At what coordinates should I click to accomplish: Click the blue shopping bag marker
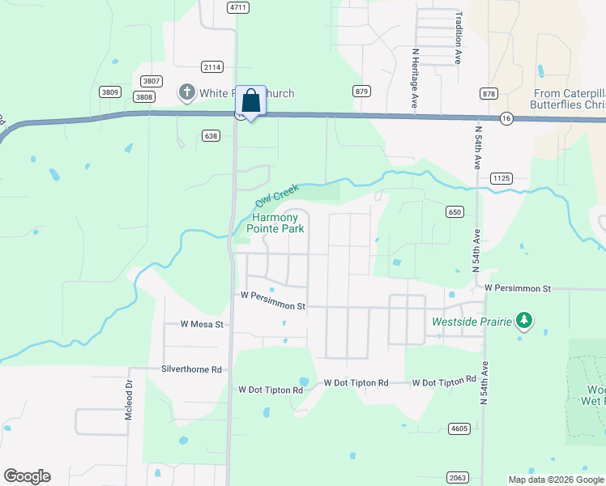point(251,101)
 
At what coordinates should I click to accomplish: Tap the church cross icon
point(187,92)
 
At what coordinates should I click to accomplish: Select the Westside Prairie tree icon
point(524,322)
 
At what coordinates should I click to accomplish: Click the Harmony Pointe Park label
point(278,224)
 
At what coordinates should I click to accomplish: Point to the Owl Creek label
point(277,194)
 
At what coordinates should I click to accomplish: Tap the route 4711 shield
point(237,6)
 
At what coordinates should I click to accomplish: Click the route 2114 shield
point(213,67)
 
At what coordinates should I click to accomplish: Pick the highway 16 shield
point(506,117)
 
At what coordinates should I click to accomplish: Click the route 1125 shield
point(501,177)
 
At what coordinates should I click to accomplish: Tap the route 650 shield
point(454,211)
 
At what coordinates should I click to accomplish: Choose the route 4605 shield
point(459,427)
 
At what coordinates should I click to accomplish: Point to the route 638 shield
point(211,136)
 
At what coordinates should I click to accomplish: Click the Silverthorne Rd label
point(191,369)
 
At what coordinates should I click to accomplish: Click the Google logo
point(27,476)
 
